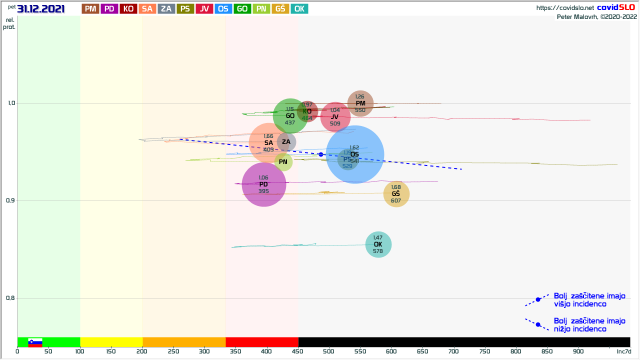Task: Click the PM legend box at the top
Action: tap(90, 8)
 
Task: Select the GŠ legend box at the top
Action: tap(280, 8)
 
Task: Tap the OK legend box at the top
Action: tap(299, 8)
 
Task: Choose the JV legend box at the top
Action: tap(204, 8)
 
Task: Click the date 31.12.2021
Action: tap(41, 8)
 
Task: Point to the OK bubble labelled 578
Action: tap(378, 244)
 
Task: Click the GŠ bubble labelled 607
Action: tap(396, 194)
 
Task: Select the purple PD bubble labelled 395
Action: tap(263, 184)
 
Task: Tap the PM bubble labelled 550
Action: tap(360, 103)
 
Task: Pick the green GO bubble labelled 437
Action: tap(290, 116)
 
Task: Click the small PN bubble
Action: tap(283, 161)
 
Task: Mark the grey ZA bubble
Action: tap(286, 142)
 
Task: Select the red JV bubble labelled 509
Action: tap(335, 116)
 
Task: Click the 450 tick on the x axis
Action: tap(298, 351)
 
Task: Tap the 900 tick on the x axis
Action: tap(579, 351)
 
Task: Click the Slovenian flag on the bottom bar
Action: tap(35, 342)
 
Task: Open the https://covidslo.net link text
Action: tap(565, 7)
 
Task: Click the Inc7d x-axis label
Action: tap(623, 351)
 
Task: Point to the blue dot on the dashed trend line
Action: tap(321, 154)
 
